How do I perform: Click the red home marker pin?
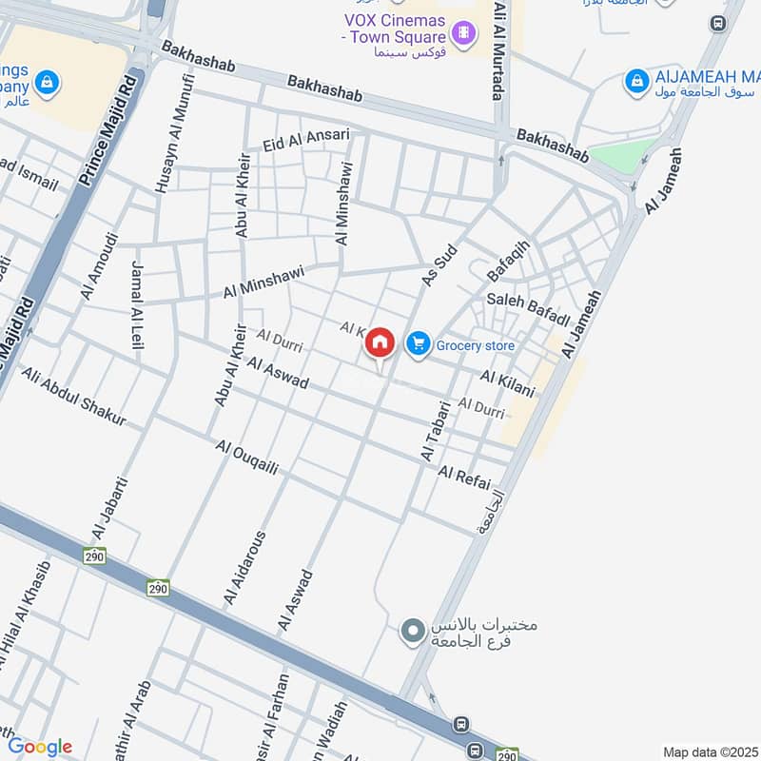pos(380,343)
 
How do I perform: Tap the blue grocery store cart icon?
pos(418,344)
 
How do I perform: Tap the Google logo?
pos(39,747)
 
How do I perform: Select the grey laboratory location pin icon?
pos(412,632)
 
